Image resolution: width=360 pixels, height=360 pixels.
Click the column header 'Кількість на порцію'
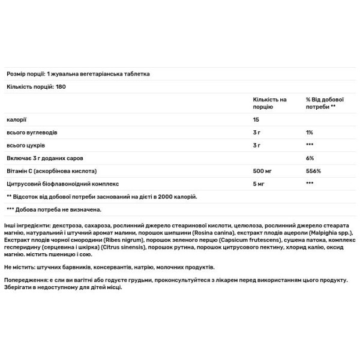[x=270, y=102]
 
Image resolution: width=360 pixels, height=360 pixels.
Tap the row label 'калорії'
[x=16, y=118]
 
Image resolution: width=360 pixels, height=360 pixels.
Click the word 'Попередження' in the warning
[x=24, y=280]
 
